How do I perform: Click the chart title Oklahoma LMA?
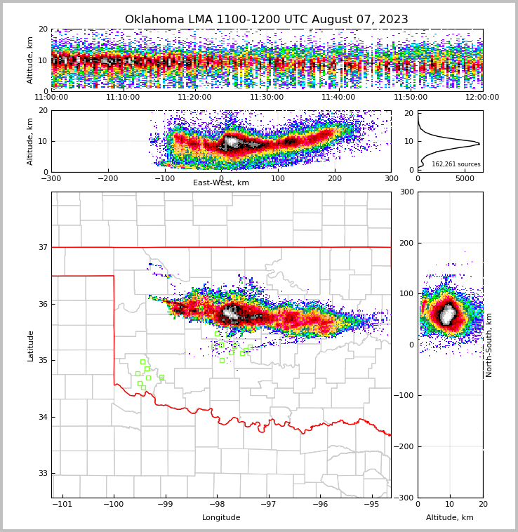[x=266, y=20]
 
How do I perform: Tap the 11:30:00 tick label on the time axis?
[x=267, y=97]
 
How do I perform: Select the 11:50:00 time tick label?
[x=411, y=97]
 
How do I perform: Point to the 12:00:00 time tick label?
[x=482, y=97]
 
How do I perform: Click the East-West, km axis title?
[x=221, y=183]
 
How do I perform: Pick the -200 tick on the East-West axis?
[x=107, y=178]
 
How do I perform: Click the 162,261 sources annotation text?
[x=456, y=164]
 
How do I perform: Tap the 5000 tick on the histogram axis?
[x=465, y=178]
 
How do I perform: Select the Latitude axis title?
[x=30, y=345]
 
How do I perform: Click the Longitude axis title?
[x=221, y=518]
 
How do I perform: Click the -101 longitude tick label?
[x=62, y=505]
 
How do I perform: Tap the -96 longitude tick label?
[x=320, y=505]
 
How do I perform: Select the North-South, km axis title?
[x=489, y=345]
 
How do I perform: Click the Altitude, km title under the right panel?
[x=450, y=518]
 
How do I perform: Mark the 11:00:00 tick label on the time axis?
[x=51, y=97]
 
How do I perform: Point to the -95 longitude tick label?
[x=372, y=505]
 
